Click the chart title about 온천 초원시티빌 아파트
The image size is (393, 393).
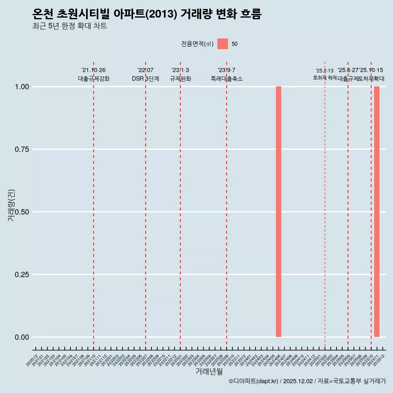pyautogui.click(x=147, y=14)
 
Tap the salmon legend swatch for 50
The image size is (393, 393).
pyautogui.click(x=223, y=44)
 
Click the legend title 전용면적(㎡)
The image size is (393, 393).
pyautogui.click(x=197, y=44)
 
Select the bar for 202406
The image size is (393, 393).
pyautogui.click(x=278, y=212)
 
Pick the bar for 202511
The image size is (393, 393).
pyautogui.click(x=377, y=212)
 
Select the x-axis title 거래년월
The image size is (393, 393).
pyautogui.click(x=209, y=372)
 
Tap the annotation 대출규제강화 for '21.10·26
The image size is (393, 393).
pyautogui.click(x=94, y=79)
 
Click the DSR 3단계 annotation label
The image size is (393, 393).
pyautogui.click(x=145, y=79)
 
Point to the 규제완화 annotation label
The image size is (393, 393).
pyautogui.click(x=181, y=79)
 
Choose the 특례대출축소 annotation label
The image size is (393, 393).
pyautogui.click(x=227, y=79)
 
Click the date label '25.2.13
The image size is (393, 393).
pyautogui.click(x=325, y=71)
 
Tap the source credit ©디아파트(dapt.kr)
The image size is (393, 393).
pyautogui.click(x=254, y=382)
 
